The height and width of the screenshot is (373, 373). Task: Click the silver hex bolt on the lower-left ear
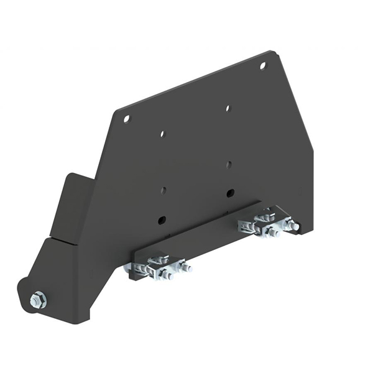pos(37,300)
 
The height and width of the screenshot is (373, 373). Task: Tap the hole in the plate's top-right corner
pos(262,65)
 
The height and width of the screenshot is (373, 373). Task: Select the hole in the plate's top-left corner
pos(126,117)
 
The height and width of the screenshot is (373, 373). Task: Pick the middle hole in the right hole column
pos(229,164)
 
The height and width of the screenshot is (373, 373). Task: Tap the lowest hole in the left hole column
pos(162,218)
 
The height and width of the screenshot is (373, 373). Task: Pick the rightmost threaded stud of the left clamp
pos(185,268)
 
